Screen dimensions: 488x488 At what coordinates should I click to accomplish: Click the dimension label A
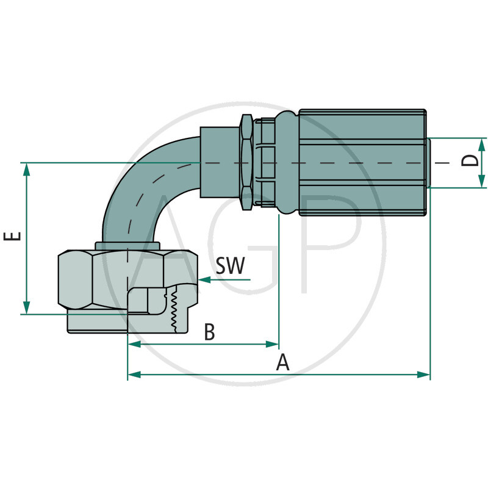point(282,362)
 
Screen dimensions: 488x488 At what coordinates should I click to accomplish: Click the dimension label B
point(209,332)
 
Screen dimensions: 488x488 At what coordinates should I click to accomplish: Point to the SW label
point(230,265)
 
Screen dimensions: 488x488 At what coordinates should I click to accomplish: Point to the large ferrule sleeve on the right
point(363,162)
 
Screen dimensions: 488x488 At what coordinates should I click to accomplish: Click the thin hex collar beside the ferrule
point(246,162)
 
